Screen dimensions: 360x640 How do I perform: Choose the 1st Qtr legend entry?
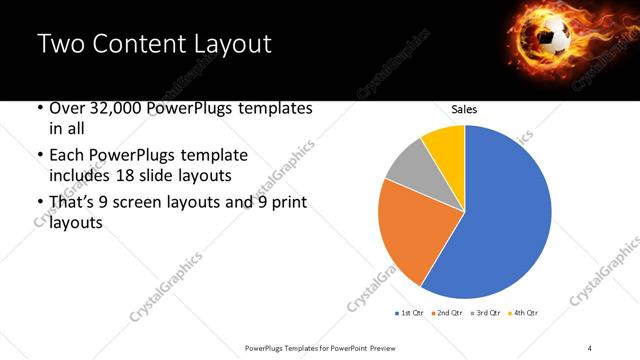(409, 313)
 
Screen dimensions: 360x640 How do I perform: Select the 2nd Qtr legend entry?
(445, 313)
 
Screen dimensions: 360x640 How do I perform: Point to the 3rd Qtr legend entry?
(483, 313)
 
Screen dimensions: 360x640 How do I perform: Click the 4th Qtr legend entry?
(521, 313)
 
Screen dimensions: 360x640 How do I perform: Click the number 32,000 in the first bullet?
(116, 108)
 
